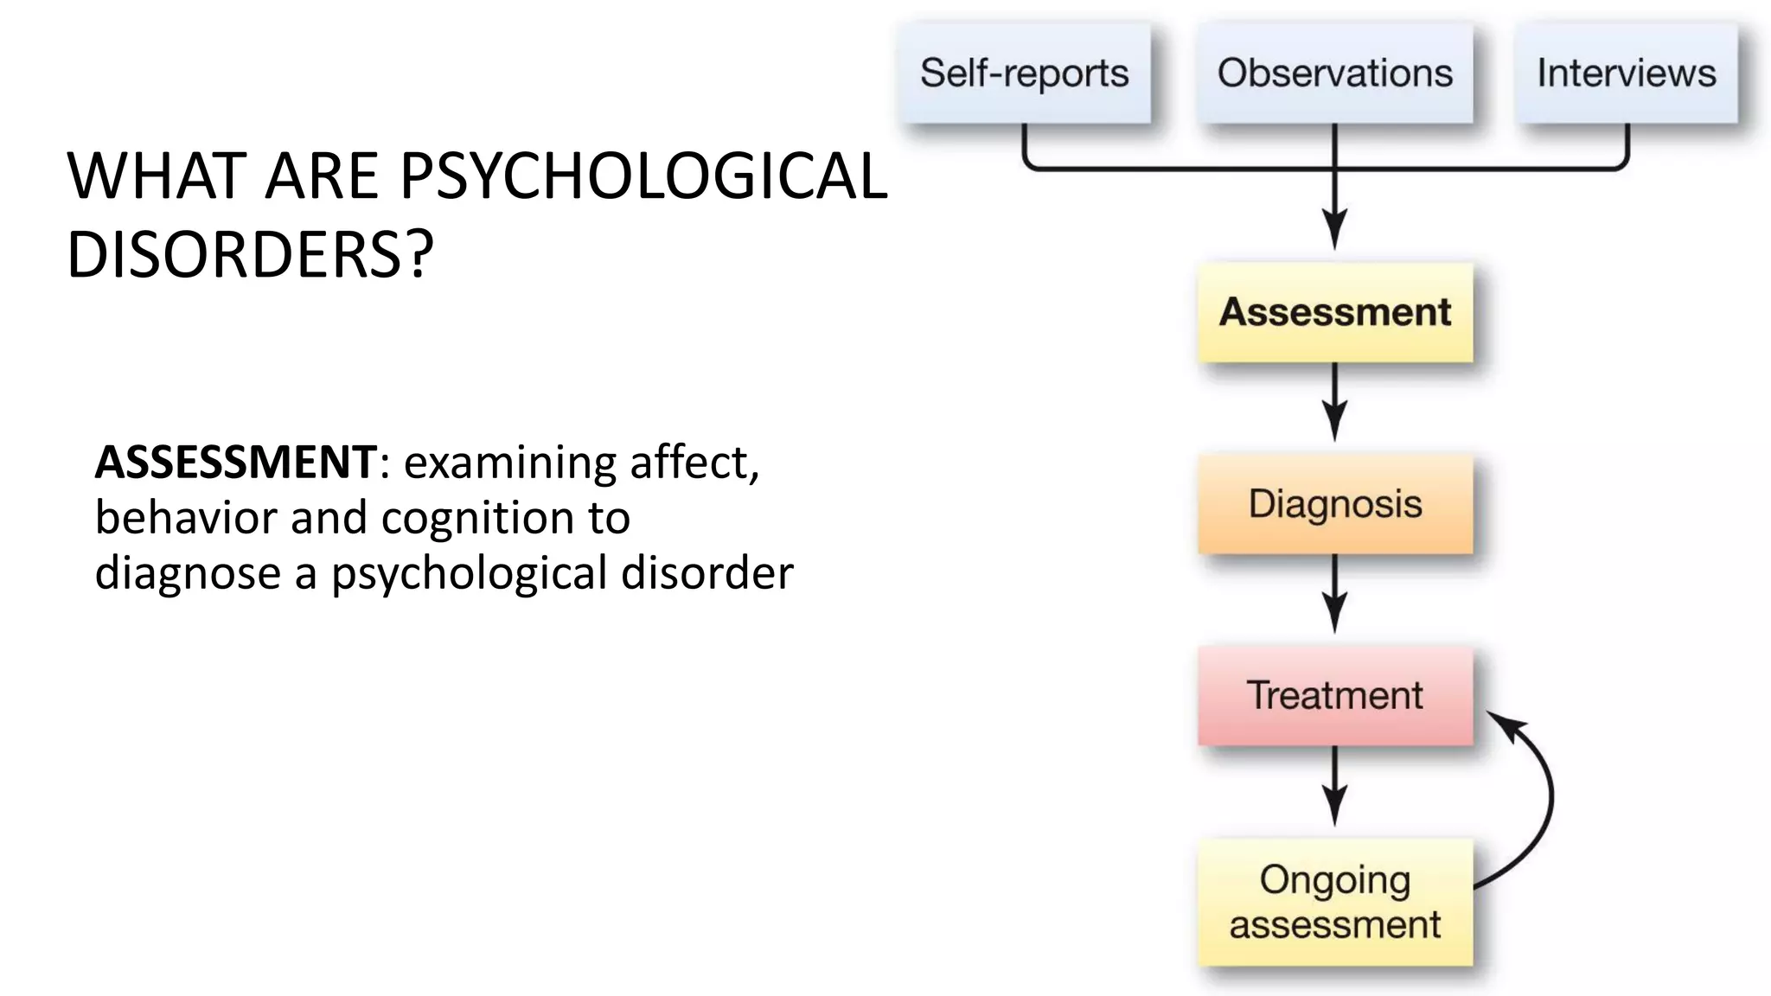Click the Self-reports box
coord(1024,73)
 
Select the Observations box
coord(1334,73)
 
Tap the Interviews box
coord(1626,73)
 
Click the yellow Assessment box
coord(1334,312)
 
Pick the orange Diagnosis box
coord(1334,504)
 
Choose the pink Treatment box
coord(1334,696)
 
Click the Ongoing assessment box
coord(1334,902)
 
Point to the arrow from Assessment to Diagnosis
coord(1334,402)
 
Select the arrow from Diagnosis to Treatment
coord(1334,594)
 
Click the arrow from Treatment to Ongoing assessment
coord(1334,786)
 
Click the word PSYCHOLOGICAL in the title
coord(643,177)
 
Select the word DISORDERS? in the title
coord(250,255)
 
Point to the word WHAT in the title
coord(157,177)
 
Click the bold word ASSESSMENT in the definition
coord(235,463)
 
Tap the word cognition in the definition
coord(478,519)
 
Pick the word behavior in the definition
coord(186,519)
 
